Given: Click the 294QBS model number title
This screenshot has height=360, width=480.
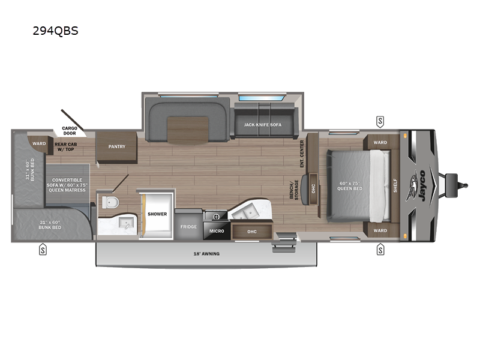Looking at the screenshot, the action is coord(55,31).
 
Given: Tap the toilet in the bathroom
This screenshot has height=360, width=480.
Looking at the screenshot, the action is coord(110,202).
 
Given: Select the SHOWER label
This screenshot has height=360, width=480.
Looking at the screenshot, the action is coord(157,214).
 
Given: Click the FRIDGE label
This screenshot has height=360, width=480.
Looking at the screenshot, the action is coord(188,227).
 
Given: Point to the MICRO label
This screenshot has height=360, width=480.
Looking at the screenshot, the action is coord(217,231).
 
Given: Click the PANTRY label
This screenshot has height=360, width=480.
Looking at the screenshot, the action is coord(117,146).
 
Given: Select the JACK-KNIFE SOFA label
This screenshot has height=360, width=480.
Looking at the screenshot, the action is coord(263,125).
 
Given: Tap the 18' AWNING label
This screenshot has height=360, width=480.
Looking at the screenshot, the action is coord(206,254).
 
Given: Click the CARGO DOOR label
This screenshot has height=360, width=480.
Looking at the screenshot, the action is coord(70,131).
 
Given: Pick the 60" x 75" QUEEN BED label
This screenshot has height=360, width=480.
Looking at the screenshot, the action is coord(350,186).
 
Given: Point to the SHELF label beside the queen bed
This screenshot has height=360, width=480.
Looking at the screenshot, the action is coord(395,185).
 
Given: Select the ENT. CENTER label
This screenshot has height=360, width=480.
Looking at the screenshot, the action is coord(302,154).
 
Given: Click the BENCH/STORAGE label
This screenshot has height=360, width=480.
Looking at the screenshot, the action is coord(294,190).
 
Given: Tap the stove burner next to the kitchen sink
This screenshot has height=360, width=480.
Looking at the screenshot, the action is coord(217,217).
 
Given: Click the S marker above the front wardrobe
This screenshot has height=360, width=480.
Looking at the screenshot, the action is coord(380,122).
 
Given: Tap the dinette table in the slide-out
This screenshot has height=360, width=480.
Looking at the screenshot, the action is coord(188,130).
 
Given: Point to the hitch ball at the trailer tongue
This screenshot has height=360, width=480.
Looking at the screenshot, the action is coord(466,185).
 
